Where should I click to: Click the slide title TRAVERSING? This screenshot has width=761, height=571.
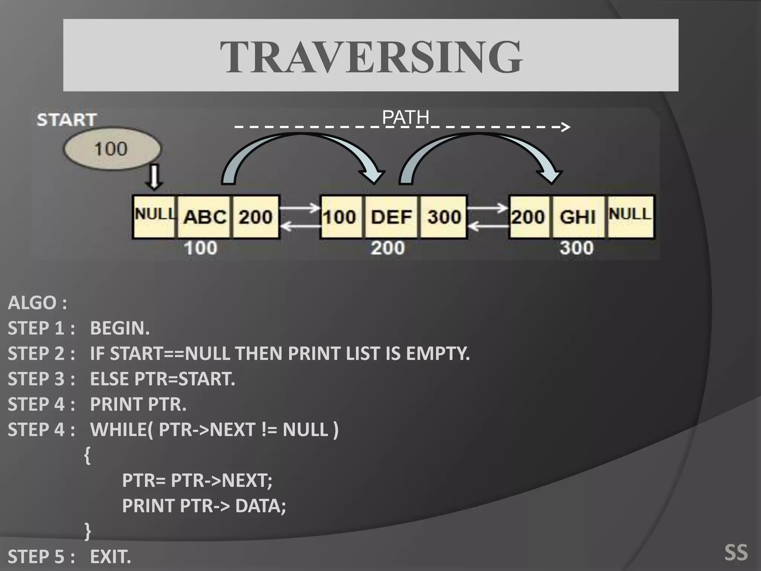371,57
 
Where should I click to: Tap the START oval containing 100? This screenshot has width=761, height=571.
112,149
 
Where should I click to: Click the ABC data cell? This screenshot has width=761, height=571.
205,217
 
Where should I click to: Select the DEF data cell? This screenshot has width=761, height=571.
392,217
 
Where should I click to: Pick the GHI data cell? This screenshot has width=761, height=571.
578,217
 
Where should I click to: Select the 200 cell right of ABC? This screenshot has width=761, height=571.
256,217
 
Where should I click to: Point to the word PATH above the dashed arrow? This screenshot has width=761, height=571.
405,117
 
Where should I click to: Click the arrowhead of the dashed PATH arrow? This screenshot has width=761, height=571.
566,127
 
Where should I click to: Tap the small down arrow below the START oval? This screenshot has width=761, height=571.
154,178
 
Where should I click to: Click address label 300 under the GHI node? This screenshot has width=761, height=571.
577,248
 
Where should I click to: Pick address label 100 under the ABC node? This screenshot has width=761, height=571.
201,248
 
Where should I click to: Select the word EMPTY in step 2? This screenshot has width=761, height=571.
437,354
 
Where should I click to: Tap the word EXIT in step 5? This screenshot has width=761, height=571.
110,557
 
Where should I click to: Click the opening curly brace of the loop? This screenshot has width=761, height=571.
87,455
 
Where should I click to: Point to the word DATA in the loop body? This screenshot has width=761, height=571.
260,506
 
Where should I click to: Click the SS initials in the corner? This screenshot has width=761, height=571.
736,552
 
